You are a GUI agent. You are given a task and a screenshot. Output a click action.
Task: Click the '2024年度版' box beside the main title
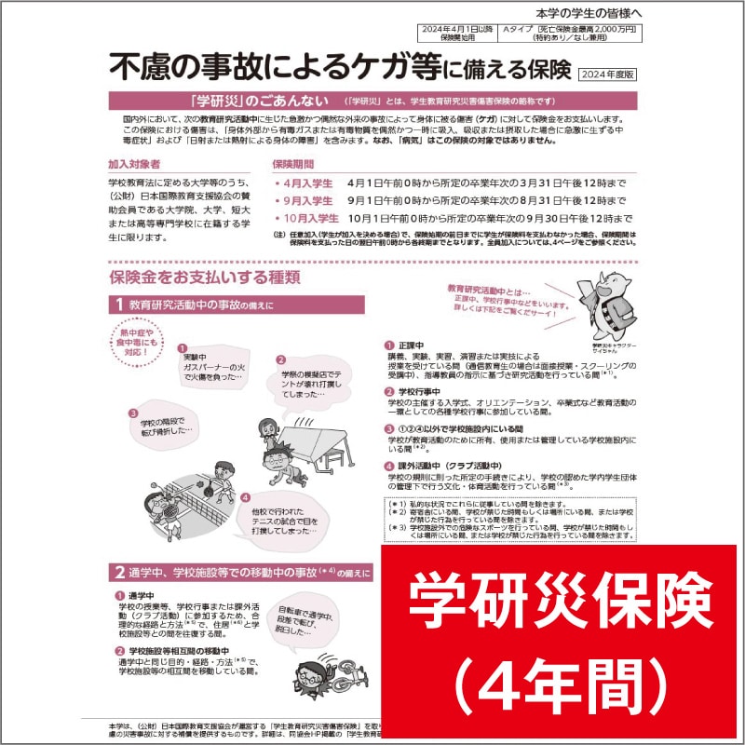605,74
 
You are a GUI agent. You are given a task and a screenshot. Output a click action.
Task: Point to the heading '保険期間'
296,164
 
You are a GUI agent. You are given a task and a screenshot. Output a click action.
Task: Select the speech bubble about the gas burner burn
210,365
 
